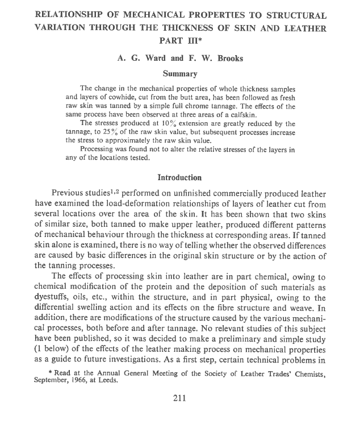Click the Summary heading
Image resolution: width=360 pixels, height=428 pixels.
[x=179, y=73]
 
